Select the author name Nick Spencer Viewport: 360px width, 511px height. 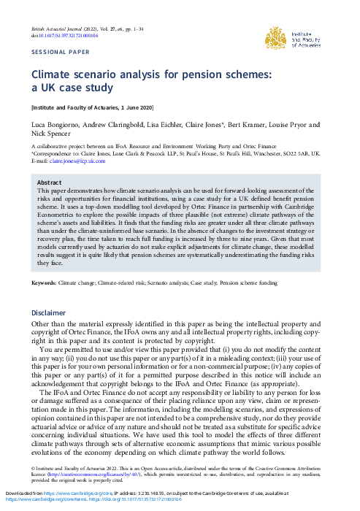53,136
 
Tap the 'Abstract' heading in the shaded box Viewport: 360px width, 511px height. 49,182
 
